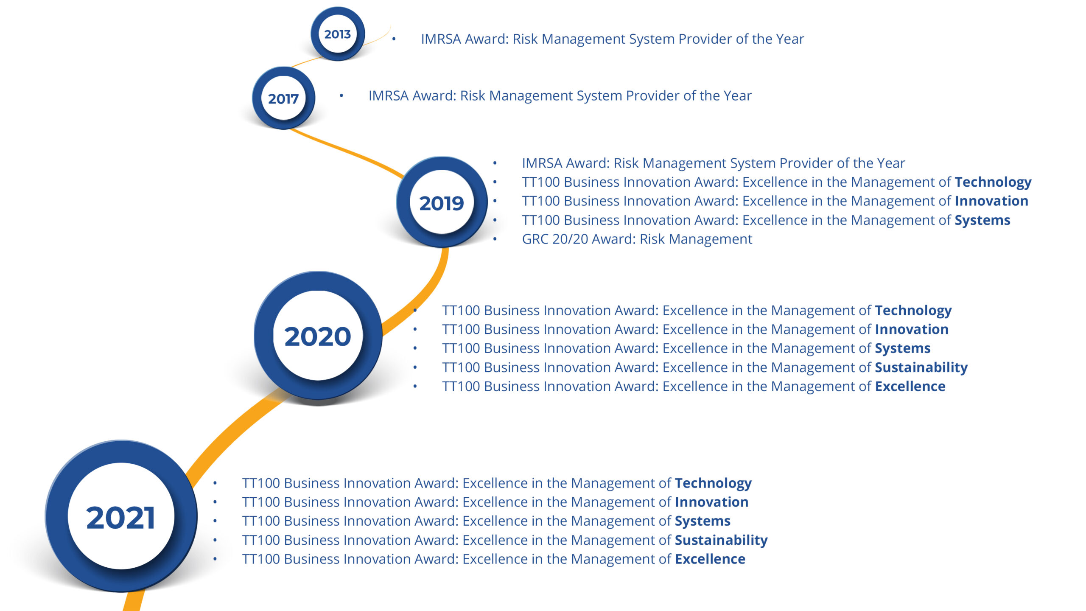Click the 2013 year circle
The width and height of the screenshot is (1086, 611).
(x=338, y=34)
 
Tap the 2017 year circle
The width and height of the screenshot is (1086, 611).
(x=283, y=98)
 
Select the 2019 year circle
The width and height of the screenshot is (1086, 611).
(x=442, y=202)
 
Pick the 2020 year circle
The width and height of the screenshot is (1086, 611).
(x=318, y=336)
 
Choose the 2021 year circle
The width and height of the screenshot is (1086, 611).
(x=121, y=516)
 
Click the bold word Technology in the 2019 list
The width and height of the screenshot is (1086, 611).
(x=993, y=182)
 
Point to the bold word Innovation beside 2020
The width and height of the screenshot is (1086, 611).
(x=912, y=329)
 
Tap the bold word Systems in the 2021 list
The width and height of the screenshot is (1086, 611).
(x=703, y=521)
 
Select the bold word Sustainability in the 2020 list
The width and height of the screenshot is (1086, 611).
(x=921, y=367)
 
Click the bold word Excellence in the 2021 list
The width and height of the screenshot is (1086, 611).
(x=710, y=559)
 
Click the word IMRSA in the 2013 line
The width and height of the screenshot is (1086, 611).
(x=441, y=39)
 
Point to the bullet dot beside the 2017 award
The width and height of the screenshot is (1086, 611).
(x=341, y=96)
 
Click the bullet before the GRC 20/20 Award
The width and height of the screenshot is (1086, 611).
(x=495, y=239)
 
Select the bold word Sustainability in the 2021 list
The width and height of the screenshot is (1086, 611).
(x=721, y=540)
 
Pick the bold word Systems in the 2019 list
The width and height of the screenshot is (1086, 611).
(x=982, y=220)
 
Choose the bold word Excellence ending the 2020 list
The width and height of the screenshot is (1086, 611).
(x=910, y=386)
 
